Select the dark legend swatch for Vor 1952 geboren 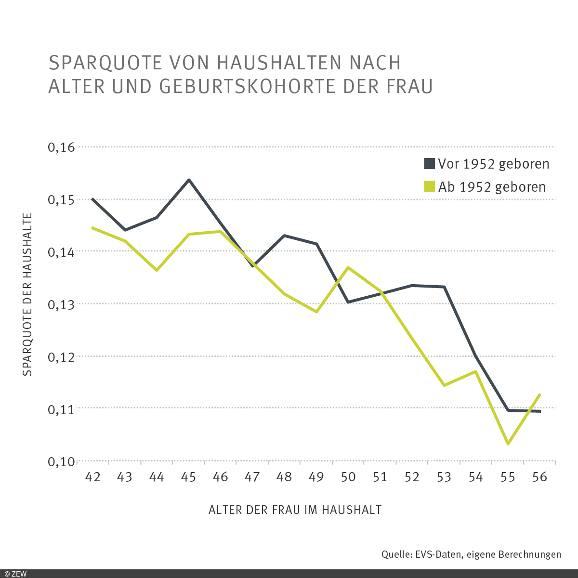click(x=429, y=164)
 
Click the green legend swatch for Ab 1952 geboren click(x=429, y=187)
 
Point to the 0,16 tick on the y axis click(x=62, y=147)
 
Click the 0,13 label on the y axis click(x=62, y=304)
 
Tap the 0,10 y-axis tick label click(x=62, y=461)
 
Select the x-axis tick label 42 click(x=92, y=477)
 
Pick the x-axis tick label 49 click(x=316, y=477)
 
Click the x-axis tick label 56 click(x=539, y=477)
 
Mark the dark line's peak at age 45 click(x=189, y=180)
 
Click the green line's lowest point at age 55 click(x=508, y=444)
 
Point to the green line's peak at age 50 click(x=348, y=267)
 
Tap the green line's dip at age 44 click(x=157, y=270)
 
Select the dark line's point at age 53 click(x=444, y=287)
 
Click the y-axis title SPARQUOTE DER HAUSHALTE click(x=27, y=294)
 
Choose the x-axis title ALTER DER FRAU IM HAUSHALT click(x=295, y=510)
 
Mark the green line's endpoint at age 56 click(x=540, y=394)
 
